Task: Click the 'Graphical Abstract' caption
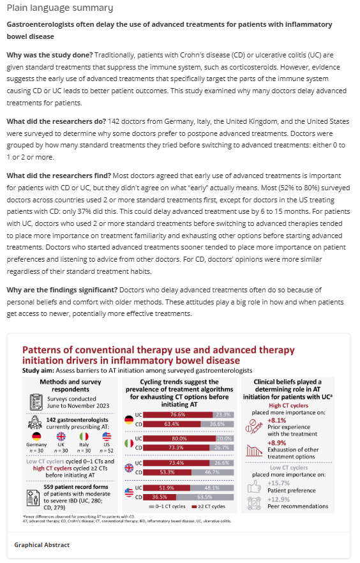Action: pyautogui.click(x=42, y=544)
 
